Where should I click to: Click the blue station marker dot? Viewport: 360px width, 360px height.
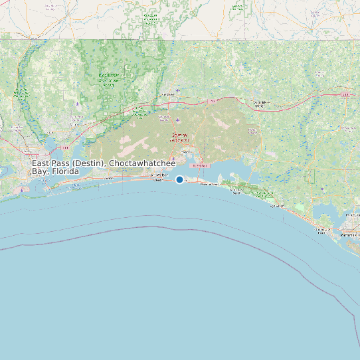(179, 179)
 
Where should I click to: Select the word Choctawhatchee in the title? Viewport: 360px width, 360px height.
(143, 163)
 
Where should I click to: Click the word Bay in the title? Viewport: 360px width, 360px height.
(39, 171)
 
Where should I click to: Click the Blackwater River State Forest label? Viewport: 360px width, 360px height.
(109, 79)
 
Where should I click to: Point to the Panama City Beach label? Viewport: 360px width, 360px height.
(321, 230)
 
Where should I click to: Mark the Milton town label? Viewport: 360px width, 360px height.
(74, 124)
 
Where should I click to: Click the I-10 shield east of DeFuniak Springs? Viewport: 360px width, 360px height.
(345, 95)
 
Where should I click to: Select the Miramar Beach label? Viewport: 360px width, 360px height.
(209, 184)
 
